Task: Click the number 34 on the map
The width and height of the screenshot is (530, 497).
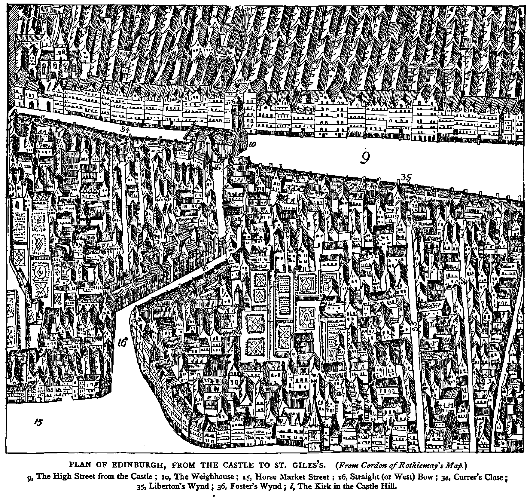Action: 124,130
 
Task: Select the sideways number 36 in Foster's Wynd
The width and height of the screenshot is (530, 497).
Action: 463,281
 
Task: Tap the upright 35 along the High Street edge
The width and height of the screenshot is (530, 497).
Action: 405,178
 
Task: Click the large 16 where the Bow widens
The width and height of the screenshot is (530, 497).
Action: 123,342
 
